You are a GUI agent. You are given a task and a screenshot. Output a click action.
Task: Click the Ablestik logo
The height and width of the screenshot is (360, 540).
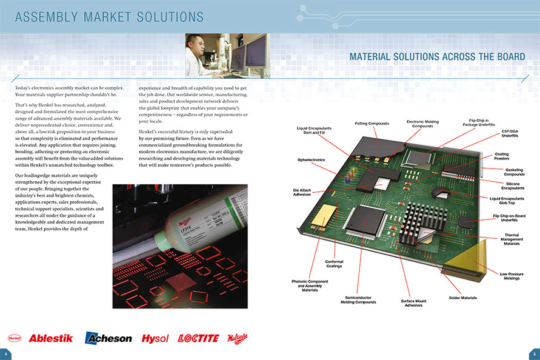[50, 338]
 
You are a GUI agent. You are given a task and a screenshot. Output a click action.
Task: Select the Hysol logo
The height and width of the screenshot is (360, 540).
[155, 338]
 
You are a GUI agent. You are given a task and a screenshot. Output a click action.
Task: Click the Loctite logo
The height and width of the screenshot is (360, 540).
[198, 338]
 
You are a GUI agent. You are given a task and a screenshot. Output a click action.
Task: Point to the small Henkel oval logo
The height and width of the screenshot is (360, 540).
[15, 338]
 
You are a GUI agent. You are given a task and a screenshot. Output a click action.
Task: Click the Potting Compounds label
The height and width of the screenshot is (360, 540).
[371, 124]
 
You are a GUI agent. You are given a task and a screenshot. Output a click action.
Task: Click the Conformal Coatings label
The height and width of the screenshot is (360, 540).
[334, 264]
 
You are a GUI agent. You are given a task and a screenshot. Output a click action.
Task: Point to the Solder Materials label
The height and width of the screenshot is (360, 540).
[462, 298]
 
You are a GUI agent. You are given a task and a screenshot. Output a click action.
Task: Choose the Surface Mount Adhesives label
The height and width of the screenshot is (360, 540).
[414, 303]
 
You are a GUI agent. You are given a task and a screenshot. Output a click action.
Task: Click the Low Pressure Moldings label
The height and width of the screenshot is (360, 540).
[512, 276]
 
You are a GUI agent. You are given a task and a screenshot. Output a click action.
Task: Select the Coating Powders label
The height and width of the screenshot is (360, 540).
[501, 156]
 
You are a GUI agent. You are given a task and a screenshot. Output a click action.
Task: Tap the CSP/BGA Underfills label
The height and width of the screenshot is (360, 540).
[510, 133]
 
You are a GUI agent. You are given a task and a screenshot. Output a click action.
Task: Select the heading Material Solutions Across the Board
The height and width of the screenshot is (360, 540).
[437, 57]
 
